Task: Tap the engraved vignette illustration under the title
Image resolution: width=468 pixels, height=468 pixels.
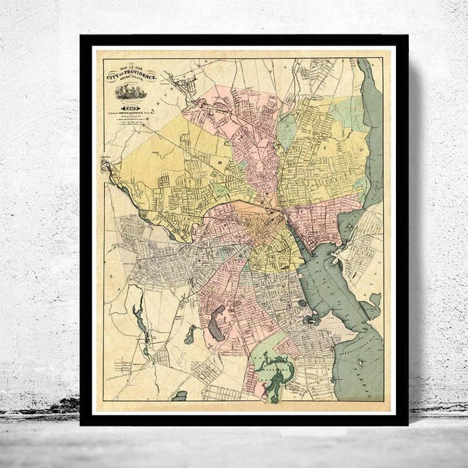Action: click(131, 91)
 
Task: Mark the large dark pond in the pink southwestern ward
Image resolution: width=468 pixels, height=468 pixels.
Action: click(216, 322)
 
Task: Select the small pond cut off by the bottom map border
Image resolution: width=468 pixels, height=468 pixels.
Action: click(180, 396)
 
